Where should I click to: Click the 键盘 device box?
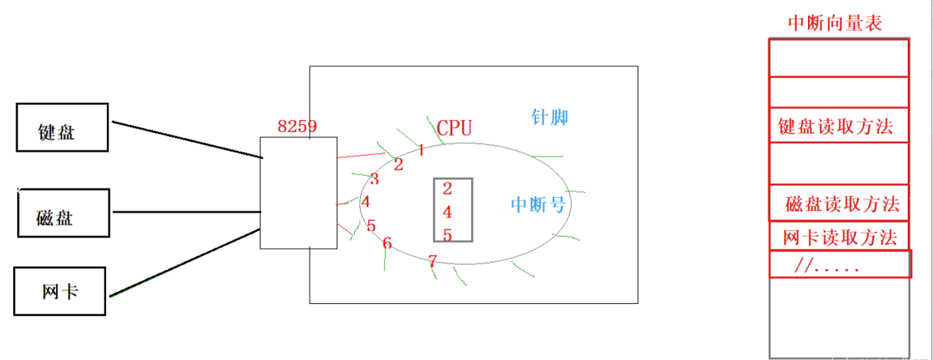coord(62,127)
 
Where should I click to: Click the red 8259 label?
coord(297,126)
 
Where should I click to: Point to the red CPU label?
coord(454,127)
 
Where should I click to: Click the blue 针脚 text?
coord(550,118)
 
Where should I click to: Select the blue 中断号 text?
coord(538,204)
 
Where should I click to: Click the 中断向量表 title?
coord(835,23)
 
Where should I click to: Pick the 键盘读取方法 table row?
coord(838,126)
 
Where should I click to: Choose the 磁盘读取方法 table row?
coord(840,204)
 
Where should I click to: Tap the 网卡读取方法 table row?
coord(840,237)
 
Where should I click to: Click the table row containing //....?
coord(840,264)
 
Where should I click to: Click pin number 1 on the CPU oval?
coord(422,150)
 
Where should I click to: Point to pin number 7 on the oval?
coord(432,260)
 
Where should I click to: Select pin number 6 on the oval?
coord(387,243)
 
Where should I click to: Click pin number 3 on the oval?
coord(374,179)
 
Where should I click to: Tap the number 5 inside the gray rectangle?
coord(447,235)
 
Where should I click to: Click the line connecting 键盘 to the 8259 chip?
coord(186,139)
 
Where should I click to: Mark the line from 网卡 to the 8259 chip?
coord(186,264)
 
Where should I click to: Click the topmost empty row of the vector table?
coord(838,57)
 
